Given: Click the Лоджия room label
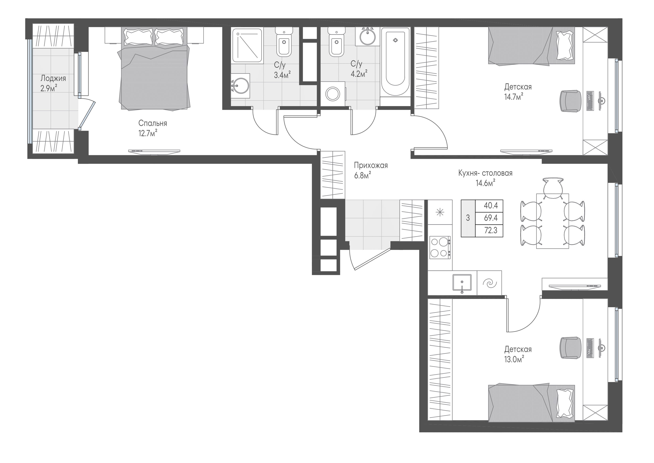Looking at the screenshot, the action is pyautogui.click(x=53, y=78).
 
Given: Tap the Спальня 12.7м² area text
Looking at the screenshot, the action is pyautogui.click(x=148, y=133).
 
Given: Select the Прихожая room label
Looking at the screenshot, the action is pyautogui.click(x=371, y=165).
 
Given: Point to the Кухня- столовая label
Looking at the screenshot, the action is pyautogui.click(x=485, y=173).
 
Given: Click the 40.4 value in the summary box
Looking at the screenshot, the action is pyautogui.click(x=491, y=205).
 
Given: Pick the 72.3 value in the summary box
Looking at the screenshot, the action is pyautogui.click(x=491, y=230).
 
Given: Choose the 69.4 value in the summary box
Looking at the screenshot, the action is pyautogui.click(x=491, y=218).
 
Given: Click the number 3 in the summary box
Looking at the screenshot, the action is pyautogui.click(x=468, y=218).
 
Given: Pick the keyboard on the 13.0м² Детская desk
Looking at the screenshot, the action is pyautogui.click(x=590, y=348).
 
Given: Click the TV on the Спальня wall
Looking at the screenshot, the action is pyautogui.click(x=154, y=152).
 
